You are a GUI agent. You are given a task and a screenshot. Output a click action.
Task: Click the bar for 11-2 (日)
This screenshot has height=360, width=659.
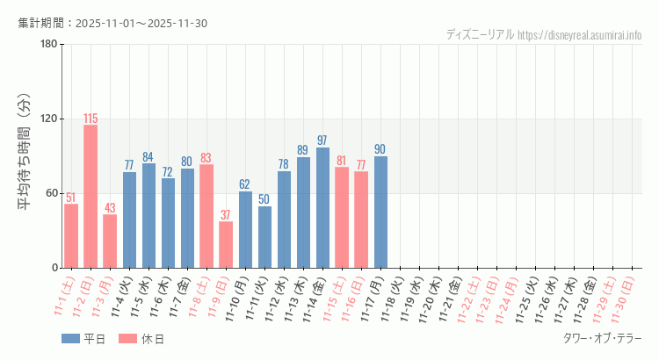click(91, 196)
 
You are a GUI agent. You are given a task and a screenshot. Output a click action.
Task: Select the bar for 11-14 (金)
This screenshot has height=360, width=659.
click(322, 207)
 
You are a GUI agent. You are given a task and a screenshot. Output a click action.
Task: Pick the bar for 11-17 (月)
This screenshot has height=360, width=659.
click(380, 212)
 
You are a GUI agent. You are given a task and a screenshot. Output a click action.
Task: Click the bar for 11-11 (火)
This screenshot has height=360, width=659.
click(264, 236)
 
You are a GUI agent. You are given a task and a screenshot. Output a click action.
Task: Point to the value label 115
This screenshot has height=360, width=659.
click(91, 119)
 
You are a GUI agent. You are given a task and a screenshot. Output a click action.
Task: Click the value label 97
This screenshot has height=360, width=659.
click(322, 140)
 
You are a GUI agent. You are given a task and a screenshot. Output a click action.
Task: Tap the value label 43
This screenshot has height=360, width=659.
click(110, 208)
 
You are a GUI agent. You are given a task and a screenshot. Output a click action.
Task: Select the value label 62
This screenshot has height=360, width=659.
click(245, 184)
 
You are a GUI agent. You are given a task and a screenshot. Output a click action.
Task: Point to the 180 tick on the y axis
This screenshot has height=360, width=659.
click(48, 45)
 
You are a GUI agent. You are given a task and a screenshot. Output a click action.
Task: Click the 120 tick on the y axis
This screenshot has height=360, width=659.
click(48, 119)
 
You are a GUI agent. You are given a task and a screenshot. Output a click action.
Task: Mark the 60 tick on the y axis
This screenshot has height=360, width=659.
click(51, 193)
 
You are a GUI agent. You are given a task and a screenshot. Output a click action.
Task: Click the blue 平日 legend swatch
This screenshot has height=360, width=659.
click(70, 339)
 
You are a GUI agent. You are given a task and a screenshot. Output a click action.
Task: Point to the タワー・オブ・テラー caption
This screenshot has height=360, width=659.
click(602, 338)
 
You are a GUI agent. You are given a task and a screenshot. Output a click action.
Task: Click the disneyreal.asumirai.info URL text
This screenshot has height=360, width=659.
click(580, 34)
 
